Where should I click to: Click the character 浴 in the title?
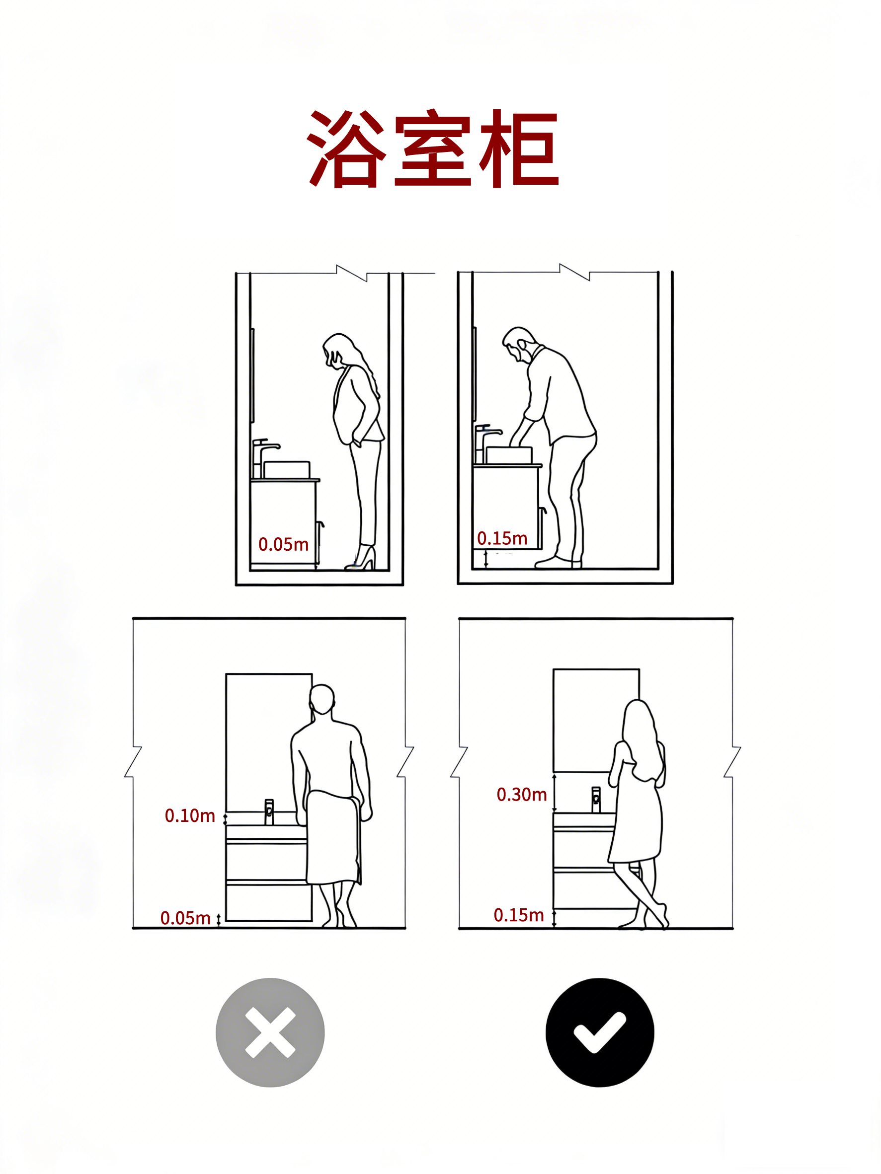tap(346, 148)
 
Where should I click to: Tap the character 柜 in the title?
tap(519, 148)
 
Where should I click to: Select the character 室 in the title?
tap(433, 148)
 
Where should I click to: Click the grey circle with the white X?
tap(270, 1032)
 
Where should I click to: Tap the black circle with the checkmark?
tap(600, 1032)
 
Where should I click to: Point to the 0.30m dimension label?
tap(521, 795)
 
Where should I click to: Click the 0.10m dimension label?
tap(190, 816)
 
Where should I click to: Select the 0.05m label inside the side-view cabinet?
tap(283, 545)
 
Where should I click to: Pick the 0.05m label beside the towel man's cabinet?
tap(185, 918)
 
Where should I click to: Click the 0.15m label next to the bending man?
tap(502, 538)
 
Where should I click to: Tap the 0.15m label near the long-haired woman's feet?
tap(519, 915)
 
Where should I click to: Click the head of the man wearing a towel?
tap(322, 700)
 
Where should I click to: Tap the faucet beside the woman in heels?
tap(264, 458)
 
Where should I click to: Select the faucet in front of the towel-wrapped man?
tap(269, 812)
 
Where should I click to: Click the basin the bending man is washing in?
tap(509, 455)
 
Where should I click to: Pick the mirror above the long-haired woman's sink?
tap(596, 720)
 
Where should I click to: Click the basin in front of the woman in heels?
tap(287, 470)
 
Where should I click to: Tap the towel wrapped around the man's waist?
tap(333, 837)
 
